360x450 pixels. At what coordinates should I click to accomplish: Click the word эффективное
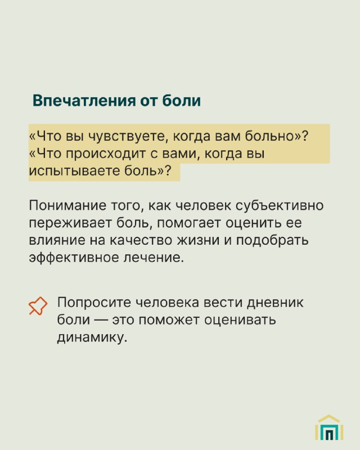(x=74, y=258)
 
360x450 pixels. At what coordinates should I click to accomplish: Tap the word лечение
(x=154, y=258)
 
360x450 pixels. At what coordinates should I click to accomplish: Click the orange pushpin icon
(x=38, y=306)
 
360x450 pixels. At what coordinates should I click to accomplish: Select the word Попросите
(x=94, y=303)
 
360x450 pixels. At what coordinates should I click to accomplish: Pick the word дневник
(x=275, y=303)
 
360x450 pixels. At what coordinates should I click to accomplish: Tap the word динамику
(x=92, y=337)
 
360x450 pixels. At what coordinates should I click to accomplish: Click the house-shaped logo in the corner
(x=329, y=427)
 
